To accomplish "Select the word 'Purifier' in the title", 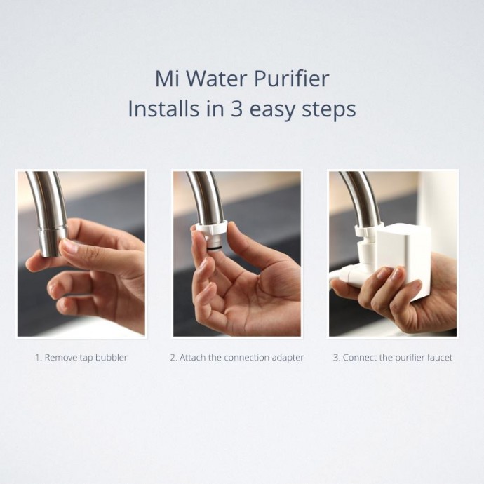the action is tap(291, 80).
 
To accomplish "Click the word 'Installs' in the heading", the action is tap(163, 109).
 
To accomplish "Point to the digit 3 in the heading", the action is tap(236, 109).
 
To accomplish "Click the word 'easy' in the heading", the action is tap(272, 112).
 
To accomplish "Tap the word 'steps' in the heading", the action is tap(329, 111).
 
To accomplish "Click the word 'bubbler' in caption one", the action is tap(112, 358).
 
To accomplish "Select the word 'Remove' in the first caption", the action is tap(61, 358).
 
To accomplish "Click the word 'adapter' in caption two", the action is tap(288, 358).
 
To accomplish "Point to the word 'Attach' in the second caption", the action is tap(193, 358).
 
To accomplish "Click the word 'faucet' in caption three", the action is tap(440, 358).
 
